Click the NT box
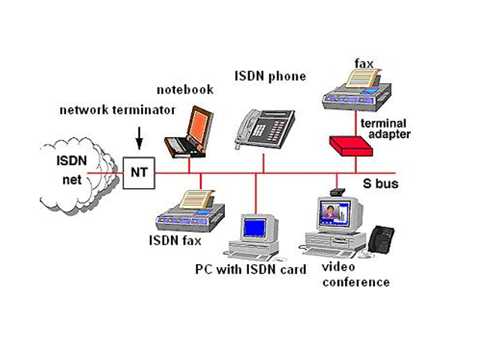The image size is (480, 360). click(139, 172)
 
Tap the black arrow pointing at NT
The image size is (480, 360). click(139, 136)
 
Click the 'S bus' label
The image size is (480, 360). click(380, 183)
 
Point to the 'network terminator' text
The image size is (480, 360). click(118, 110)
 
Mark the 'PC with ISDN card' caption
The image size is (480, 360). click(250, 269)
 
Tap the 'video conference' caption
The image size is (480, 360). click(355, 274)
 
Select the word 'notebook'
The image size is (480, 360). click(184, 89)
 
